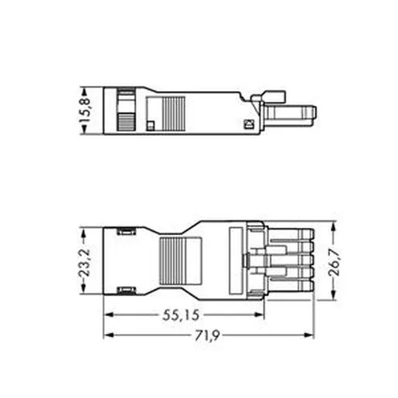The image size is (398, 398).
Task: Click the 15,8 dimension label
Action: click(x=85, y=111)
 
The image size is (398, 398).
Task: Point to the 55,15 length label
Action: click(x=181, y=315)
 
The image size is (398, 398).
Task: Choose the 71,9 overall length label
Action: click(x=206, y=335)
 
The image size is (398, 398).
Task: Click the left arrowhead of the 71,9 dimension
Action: click(x=109, y=335)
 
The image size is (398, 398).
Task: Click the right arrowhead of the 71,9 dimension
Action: click(x=309, y=335)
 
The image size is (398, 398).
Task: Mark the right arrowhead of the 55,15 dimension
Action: click(x=260, y=315)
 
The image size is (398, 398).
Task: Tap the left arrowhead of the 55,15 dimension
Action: click(x=109, y=315)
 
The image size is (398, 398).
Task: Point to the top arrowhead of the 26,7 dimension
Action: click(x=333, y=226)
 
